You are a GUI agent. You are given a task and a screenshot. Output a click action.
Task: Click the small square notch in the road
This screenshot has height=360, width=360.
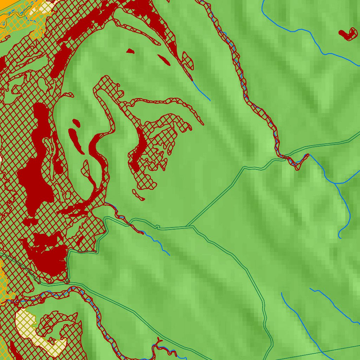click(157, 226)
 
